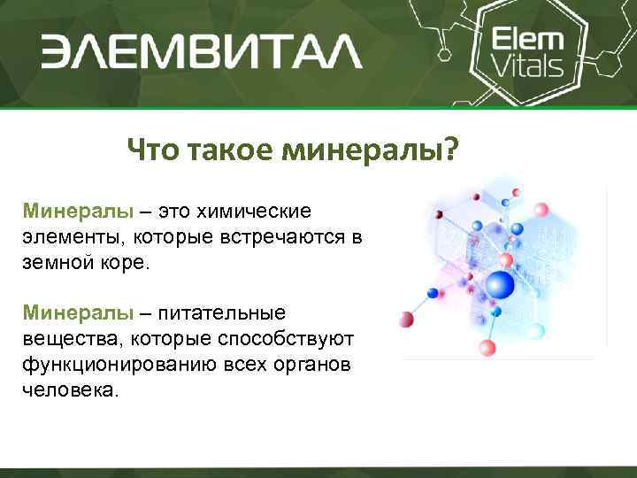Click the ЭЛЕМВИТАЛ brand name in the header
pos(200,50)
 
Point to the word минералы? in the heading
pos(371,150)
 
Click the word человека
pos(69,389)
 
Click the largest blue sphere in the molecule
pos(500,285)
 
